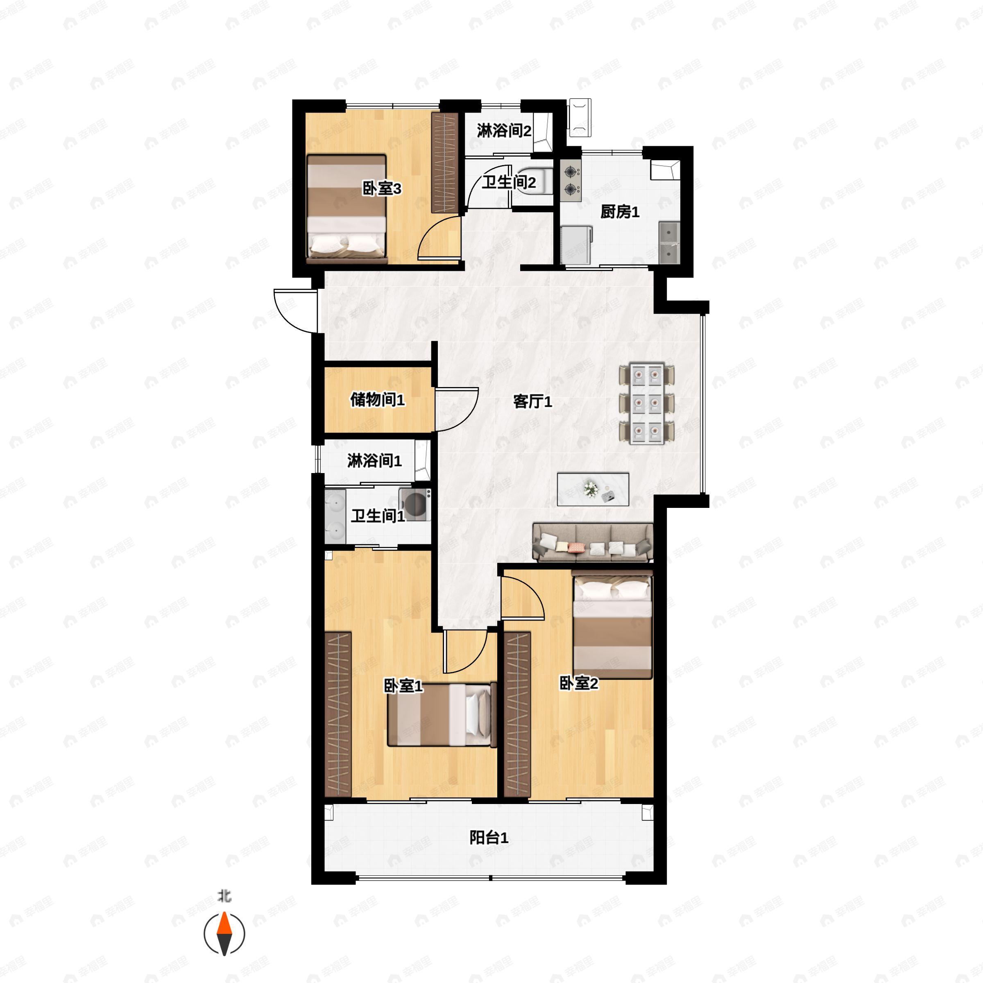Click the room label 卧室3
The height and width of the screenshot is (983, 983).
[382, 189]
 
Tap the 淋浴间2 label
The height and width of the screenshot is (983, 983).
[504, 131]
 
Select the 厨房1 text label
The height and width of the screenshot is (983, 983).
[620, 212]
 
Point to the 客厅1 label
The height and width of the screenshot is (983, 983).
[532, 402]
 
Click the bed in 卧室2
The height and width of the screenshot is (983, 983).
[612, 624]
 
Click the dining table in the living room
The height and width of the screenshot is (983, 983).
[647, 403]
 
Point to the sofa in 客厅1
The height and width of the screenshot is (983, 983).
[593, 542]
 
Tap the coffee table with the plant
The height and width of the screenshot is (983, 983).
[593, 489]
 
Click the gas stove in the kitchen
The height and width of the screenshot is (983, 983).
[571, 180]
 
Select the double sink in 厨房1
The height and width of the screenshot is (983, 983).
[670, 243]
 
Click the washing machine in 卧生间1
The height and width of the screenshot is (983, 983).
[414, 504]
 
